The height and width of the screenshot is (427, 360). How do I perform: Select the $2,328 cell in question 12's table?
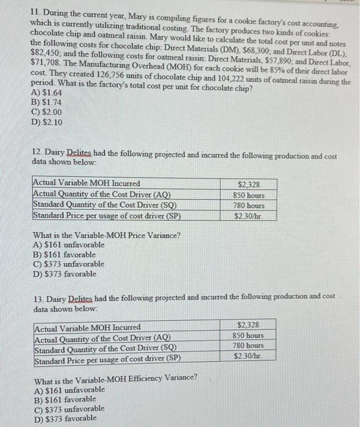[249, 184]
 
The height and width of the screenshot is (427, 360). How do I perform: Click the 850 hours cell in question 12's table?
[249, 195]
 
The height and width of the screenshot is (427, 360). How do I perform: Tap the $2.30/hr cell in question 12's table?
[249, 216]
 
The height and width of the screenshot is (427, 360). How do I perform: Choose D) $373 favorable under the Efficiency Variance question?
[66, 418]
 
